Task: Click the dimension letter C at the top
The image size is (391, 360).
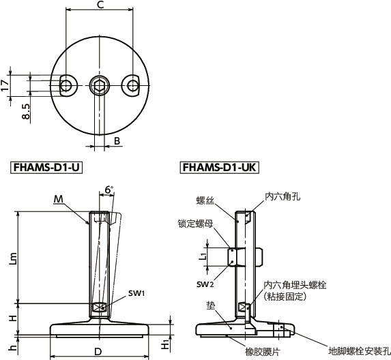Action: pos(100,6)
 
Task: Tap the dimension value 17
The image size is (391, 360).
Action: pos(6,84)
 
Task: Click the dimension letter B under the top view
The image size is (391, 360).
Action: pos(117,141)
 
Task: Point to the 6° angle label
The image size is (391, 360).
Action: pos(108,190)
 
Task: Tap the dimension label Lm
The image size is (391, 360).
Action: pos(13,257)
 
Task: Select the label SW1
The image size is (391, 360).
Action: pos(136,293)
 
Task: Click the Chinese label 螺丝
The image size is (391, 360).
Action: pos(205,200)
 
